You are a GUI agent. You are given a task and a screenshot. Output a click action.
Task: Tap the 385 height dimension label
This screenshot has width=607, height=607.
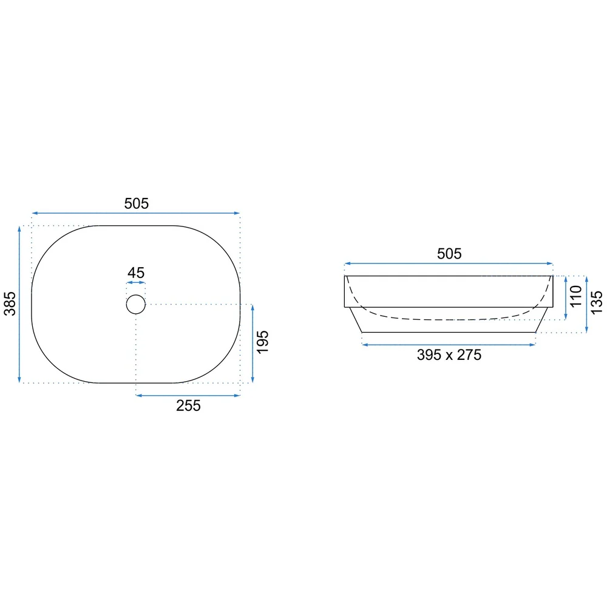(10, 304)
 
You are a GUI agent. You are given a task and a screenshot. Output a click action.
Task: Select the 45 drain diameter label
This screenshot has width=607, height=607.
(136, 273)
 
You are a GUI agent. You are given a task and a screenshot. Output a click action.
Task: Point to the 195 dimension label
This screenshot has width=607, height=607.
(262, 342)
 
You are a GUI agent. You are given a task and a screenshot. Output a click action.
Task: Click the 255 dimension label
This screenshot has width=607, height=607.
(189, 405)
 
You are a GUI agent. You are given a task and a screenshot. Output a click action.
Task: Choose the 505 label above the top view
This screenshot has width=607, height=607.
(136, 203)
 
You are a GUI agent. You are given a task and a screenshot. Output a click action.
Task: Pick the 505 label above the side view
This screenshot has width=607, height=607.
(449, 254)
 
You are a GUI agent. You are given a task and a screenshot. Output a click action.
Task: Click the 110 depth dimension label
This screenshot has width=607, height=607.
(576, 296)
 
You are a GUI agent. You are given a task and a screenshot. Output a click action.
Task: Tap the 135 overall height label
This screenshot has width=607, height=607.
(597, 303)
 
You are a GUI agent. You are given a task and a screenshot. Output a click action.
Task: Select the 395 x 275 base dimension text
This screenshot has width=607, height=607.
(449, 355)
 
